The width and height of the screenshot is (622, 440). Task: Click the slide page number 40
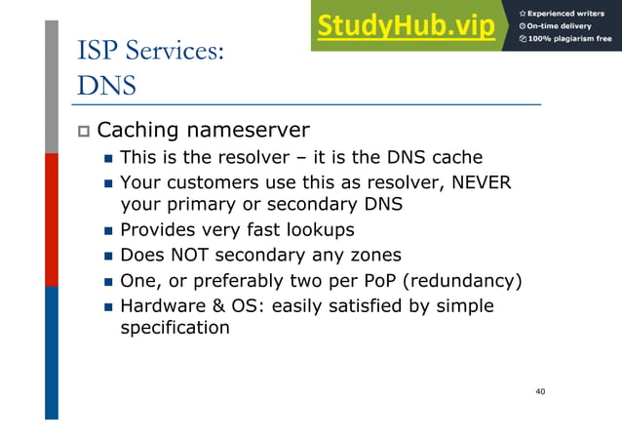tap(540, 391)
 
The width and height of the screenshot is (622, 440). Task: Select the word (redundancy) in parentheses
tap(464, 281)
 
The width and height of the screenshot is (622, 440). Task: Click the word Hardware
tap(161, 306)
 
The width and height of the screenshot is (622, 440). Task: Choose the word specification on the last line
tap(175, 328)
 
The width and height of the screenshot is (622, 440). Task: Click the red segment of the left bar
tap(52, 220)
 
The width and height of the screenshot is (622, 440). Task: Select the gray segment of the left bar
tap(52, 88)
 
